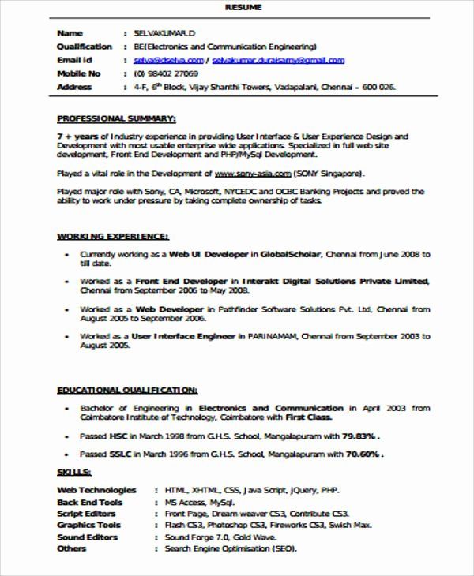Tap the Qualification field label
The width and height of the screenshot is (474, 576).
[85, 47]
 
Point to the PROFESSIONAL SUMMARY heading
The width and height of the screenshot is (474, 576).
[116, 118]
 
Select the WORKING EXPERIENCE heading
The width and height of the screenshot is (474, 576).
[111, 236]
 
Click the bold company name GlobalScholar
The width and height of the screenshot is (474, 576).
[292, 255]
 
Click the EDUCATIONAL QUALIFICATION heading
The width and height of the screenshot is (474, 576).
[127, 390]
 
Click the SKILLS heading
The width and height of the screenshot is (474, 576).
[74, 472]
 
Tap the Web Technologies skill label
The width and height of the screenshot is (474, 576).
[96, 490]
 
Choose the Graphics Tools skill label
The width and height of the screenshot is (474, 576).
[89, 525]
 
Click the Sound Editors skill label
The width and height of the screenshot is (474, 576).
[88, 537]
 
